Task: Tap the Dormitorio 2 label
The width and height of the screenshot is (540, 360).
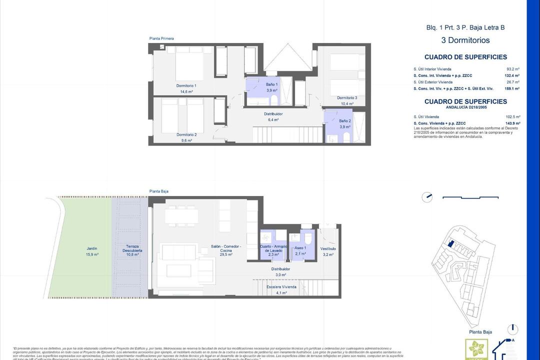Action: (186, 134)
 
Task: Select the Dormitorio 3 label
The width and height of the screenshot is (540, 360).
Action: (346, 97)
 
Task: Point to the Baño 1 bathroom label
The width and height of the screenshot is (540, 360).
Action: (271, 84)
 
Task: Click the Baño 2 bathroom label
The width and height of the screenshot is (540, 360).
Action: (345, 121)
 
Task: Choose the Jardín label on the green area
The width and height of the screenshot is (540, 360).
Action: (91, 248)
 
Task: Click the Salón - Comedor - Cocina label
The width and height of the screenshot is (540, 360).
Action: (226, 248)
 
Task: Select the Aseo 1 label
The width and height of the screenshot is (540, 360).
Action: (300, 248)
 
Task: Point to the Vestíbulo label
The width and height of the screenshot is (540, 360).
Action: (328, 248)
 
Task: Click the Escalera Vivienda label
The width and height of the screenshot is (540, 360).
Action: (281, 287)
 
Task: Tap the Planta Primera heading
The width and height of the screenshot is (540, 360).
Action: (161, 38)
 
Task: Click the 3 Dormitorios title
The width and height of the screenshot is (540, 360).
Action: (465, 40)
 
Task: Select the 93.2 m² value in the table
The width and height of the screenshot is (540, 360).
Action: (513, 69)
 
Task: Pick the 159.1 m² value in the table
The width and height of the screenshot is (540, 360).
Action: (512, 88)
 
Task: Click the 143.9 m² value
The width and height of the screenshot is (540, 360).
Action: (512, 123)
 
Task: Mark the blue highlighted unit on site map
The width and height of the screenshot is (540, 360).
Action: (450, 243)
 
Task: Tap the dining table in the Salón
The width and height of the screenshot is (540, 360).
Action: (182, 215)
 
